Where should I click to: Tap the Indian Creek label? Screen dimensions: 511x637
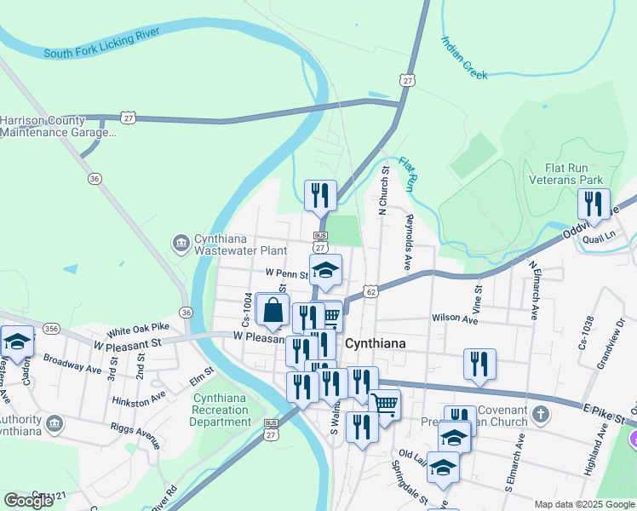[x=464, y=58]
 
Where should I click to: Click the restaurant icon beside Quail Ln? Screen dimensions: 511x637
[x=593, y=204]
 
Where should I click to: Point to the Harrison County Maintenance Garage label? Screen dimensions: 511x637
[x=56, y=127]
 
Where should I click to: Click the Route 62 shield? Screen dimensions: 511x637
[x=370, y=291]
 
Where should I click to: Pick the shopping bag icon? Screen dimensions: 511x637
[x=273, y=310]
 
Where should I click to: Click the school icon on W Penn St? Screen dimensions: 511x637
[x=324, y=270]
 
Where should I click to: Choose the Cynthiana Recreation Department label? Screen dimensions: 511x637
[x=221, y=410]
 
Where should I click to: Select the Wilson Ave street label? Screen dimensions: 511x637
[x=455, y=318]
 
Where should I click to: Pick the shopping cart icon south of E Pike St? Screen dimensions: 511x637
[x=385, y=404]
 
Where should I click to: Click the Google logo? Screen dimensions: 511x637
[x=29, y=501]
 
